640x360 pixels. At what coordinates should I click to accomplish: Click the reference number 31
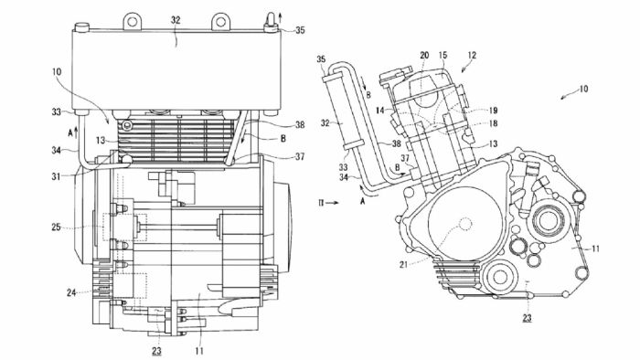pos(56,176)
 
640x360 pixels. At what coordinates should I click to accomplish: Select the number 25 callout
pos(56,228)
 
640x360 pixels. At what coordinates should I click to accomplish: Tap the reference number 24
pos(71,292)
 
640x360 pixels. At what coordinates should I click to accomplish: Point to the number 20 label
pos(424,55)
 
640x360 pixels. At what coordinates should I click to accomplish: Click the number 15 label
pos(443,55)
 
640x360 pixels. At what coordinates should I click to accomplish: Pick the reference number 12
pos(472,55)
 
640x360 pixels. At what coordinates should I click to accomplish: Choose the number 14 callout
pos(380,110)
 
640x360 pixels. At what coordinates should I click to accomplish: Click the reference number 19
pos(493,110)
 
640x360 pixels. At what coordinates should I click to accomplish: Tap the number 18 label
pos(493,123)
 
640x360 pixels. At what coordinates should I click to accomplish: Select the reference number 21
pos(404,265)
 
